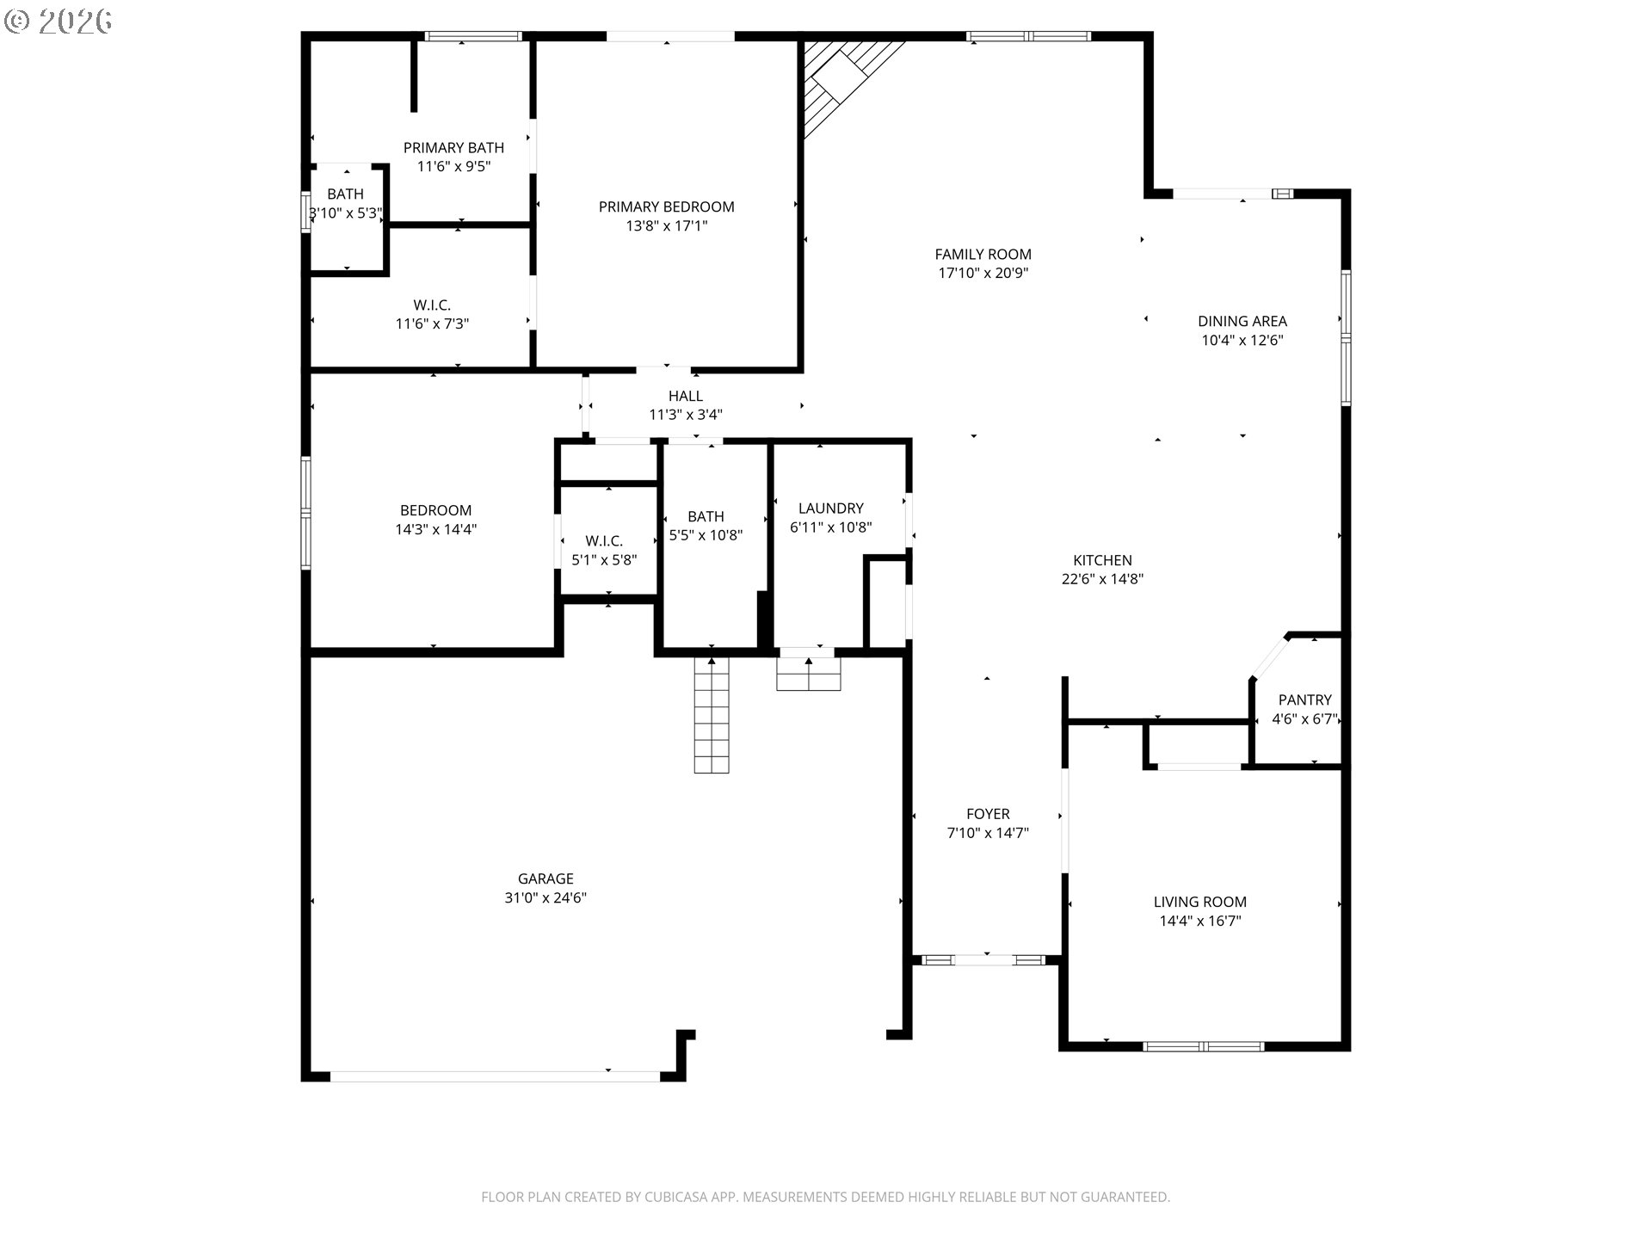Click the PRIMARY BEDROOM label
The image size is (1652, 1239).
coord(666,206)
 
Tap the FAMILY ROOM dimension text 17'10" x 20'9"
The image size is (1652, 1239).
coord(983,274)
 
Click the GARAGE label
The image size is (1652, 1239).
coord(546,878)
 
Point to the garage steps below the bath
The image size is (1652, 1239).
coord(712,715)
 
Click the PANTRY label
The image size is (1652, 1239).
coord(1304,700)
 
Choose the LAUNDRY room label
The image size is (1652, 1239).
coord(830,509)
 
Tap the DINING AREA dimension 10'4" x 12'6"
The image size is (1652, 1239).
coord(1242,340)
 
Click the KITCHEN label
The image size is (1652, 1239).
coord(1102,560)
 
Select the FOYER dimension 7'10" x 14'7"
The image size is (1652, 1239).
coord(988,833)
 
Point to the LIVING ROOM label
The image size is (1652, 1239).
coord(1199,902)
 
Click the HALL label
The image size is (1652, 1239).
coord(686,396)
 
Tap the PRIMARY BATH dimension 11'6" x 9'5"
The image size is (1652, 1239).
coord(453,167)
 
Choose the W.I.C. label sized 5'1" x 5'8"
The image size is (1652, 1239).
coord(604,541)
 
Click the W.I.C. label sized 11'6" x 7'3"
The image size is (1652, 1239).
coord(432,305)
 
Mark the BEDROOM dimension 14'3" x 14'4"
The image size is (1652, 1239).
coord(436,530)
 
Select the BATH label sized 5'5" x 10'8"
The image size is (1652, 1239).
coord(706,516)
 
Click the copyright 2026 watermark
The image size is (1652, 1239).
coord(59,22)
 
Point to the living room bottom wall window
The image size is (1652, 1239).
coord(1203,1046)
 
